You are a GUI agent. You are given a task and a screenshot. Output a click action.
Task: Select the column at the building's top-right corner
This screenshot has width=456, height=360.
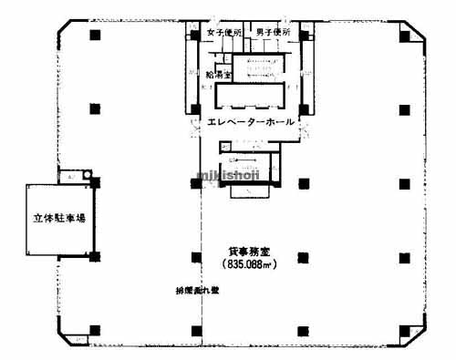point(403,35)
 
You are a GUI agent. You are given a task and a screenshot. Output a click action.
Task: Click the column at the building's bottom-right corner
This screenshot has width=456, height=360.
point(403,330)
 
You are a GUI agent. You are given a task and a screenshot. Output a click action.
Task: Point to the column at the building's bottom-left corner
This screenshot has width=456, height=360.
point(94,330)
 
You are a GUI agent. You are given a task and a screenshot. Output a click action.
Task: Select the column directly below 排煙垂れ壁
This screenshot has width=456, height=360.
point(195,330)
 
